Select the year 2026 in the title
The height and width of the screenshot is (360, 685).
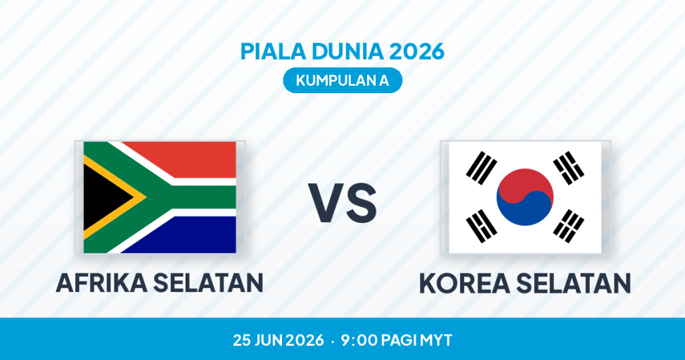pyautogui.click(x=417, y=51)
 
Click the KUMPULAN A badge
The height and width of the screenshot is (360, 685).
pyautogui.click(x=342, y=81)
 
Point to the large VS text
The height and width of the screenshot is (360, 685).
pyautogui.click(x=342, y=203)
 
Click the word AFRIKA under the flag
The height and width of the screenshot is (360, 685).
pyautogui.click(x=101, y=283)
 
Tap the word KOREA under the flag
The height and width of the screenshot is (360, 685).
pyautogui.click(x=464, y=283)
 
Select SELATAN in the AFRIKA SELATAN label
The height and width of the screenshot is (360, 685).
pyautogui.click(x=208, y=283)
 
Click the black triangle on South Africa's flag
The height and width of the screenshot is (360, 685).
pyautogui.click(x=105, y=198)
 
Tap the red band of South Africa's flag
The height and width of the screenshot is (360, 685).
pyautogui.click(x=192, y=158)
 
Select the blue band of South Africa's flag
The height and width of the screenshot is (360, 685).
pyautogui.click(x=192, y=236)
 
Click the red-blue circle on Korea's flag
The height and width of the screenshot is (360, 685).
pyautogui.click(x=525, y=197)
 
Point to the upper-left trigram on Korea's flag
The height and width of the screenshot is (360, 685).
pyautogui.click(x=481, y=168)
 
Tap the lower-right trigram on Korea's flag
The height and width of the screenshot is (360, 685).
pyautogui.click(x=569, y=226)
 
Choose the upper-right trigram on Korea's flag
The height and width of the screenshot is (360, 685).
pyautogui.click(x=569, y=168)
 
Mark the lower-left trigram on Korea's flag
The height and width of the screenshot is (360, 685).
pyautogui.click(x=481, y=226)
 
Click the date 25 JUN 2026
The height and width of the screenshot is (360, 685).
pyautogui.click(x=278, y=340)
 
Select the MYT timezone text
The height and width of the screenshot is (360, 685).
pyautogui.click(x=436, y=340)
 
